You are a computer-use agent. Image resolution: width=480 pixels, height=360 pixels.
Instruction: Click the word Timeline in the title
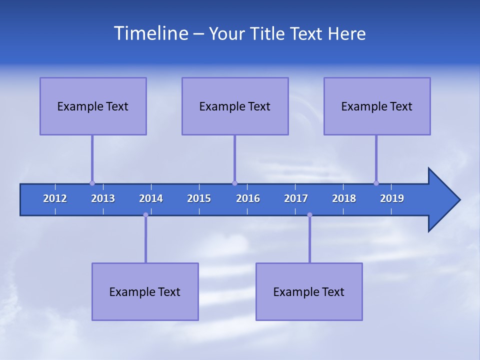tap(150, 33)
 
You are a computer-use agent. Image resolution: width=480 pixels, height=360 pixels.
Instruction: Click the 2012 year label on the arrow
tap(55, 198)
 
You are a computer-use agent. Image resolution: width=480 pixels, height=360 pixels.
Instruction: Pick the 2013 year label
tap(103, 198)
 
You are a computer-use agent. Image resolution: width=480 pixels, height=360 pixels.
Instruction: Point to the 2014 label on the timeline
tap(151, 198)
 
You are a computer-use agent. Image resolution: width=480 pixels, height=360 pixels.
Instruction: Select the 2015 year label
tap(199, 198)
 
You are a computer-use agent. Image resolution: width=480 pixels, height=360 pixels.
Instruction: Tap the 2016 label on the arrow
tap(248, 198)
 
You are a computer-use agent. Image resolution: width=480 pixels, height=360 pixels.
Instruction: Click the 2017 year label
tap(296, 198)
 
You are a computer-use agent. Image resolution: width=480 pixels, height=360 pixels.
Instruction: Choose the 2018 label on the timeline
tap(344, 198)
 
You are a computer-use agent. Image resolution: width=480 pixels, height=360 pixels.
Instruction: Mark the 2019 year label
tap(392, 198)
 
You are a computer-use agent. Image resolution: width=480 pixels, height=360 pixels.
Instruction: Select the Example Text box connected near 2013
tap(93, 106)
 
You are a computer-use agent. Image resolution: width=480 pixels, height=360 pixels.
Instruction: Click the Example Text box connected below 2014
tap(145, 291)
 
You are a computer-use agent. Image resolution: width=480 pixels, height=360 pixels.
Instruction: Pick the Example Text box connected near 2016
tap(235, 106)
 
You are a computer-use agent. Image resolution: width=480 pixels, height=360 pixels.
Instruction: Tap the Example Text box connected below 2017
tap(309, 291)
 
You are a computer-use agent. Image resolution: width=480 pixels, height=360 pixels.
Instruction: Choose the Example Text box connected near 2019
tap(377, 106)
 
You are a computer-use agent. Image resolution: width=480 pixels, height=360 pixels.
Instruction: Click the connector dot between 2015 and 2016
tap(234, 183)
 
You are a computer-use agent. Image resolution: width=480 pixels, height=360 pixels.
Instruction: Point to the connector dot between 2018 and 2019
tap(376, 183)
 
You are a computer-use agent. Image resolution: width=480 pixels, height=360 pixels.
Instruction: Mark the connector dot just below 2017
tap(309, 215)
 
